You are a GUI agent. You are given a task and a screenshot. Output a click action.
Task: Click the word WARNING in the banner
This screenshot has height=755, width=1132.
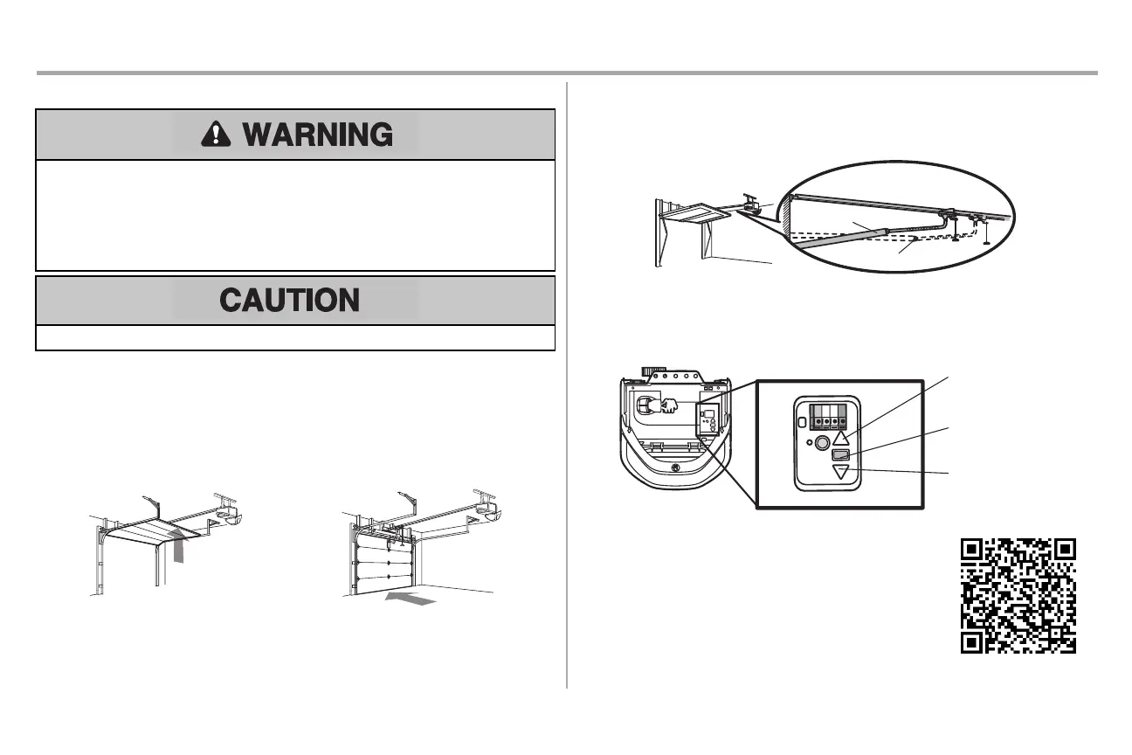pos(317,135)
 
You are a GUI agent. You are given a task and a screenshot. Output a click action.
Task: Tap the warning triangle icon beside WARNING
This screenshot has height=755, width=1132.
pos(212,135)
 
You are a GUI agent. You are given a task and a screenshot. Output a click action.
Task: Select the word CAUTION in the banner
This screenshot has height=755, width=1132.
pos(289,301)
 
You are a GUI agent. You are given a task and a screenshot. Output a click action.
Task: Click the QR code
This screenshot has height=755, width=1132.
pos(1018,596)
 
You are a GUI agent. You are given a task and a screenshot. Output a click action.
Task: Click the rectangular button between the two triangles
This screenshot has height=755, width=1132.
pos(840,455)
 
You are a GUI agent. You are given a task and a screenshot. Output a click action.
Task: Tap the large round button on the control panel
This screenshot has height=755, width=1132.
pos(822,443)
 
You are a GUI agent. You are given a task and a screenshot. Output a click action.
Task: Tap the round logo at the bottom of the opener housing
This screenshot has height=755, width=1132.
pos(675,468)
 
